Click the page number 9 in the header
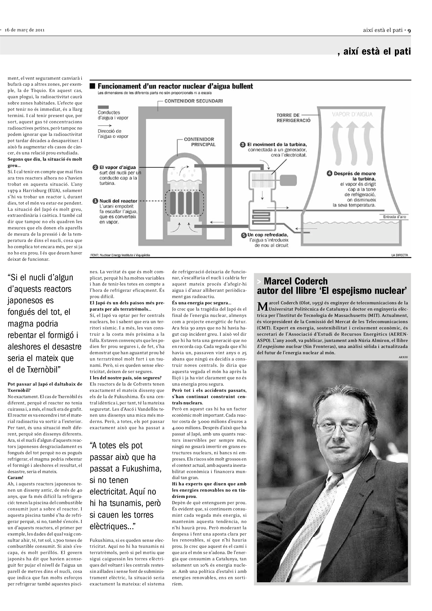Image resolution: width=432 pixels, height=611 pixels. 409,30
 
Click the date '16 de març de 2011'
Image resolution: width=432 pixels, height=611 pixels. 25,30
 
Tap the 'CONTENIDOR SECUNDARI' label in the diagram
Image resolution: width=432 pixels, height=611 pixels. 193,101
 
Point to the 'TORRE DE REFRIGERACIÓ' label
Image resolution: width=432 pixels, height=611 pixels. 293,118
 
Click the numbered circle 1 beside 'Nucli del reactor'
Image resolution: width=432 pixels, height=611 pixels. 95,201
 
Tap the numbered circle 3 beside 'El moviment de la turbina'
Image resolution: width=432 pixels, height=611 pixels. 243,145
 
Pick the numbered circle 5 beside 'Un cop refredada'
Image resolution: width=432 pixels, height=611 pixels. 244,235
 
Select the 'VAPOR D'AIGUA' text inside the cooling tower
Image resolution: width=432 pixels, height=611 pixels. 352,114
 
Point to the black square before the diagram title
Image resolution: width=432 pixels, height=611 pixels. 93,86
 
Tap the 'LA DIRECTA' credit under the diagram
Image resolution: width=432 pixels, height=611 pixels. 399,255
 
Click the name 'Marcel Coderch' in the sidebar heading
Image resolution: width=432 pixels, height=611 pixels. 296,281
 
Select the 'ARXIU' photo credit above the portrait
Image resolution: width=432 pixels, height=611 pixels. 403,357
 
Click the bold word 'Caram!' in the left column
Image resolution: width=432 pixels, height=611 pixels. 15,478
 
